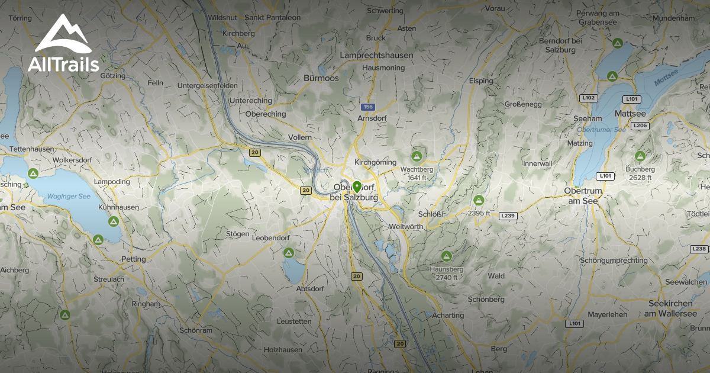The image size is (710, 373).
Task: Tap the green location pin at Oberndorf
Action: tap(357, 188)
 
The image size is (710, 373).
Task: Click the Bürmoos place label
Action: tap(321, 78)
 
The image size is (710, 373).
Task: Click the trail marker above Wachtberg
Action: tap(417, 156)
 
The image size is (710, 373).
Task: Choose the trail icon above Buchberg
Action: tap(640, 156)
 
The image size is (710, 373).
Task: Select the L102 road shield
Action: tap(589, 98)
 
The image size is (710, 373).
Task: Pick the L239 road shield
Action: tap(508, 216)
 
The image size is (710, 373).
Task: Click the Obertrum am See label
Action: tap(582, 195)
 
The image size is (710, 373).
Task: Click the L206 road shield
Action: tap(640, 126)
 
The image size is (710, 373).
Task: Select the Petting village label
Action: tap(133, 259)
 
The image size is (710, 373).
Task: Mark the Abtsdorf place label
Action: tap(311, 289)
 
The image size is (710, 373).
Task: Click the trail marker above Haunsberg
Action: tap(446, 256)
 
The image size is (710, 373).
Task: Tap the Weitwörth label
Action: tap(406, 227)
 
